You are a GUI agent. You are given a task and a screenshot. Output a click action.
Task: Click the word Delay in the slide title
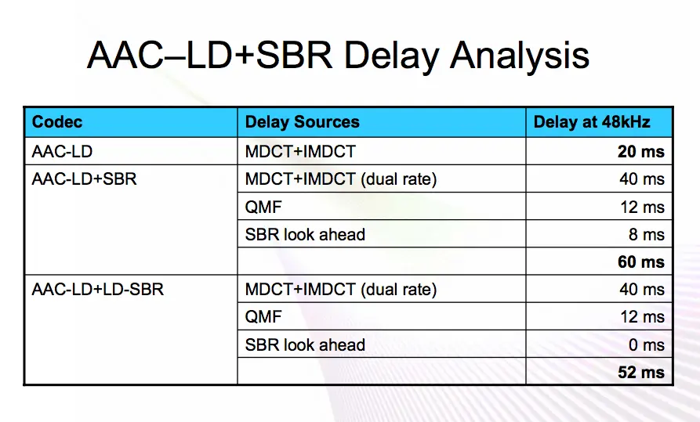[x=391, y=56]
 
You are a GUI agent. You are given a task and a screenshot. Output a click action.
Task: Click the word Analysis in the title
[x=520, y=56]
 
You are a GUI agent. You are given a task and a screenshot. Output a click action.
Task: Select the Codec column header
[x=57, y=122]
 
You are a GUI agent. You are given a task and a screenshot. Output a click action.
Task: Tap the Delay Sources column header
[x=303, y=122]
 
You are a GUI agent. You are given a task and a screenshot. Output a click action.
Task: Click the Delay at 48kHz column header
[x=592, y=122]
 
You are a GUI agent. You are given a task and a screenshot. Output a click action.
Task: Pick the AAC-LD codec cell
[x=62, y=152]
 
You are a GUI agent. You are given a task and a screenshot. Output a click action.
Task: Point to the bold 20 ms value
[x=641, y=152]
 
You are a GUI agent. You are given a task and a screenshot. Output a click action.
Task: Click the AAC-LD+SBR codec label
[x=84, y=179]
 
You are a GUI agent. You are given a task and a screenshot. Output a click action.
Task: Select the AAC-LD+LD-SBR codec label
[x=98, y=290]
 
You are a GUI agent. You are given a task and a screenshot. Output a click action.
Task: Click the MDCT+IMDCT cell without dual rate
[x=300, y=152]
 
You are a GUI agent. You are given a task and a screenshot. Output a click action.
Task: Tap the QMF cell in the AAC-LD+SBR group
[x=263, y=207]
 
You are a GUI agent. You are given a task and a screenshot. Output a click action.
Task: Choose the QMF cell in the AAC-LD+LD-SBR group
[x=263, y=317]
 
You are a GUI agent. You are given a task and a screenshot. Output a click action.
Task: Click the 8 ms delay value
[x=647, y=235]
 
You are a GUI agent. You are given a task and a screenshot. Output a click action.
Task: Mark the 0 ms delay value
[x=647, y=344]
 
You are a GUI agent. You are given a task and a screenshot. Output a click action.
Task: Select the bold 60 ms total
[x=641, y=261]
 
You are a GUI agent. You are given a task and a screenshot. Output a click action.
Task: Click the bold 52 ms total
[x=641, y=373]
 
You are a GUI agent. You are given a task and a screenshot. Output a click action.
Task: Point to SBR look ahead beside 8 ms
[x=305, y=235]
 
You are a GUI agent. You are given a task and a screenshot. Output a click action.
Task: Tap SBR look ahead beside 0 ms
[x=305, y=344]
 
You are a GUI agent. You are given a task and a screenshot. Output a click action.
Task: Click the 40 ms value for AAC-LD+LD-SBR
[x=642, y=290]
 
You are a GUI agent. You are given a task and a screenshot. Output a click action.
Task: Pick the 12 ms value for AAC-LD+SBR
[x=643, y=207]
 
